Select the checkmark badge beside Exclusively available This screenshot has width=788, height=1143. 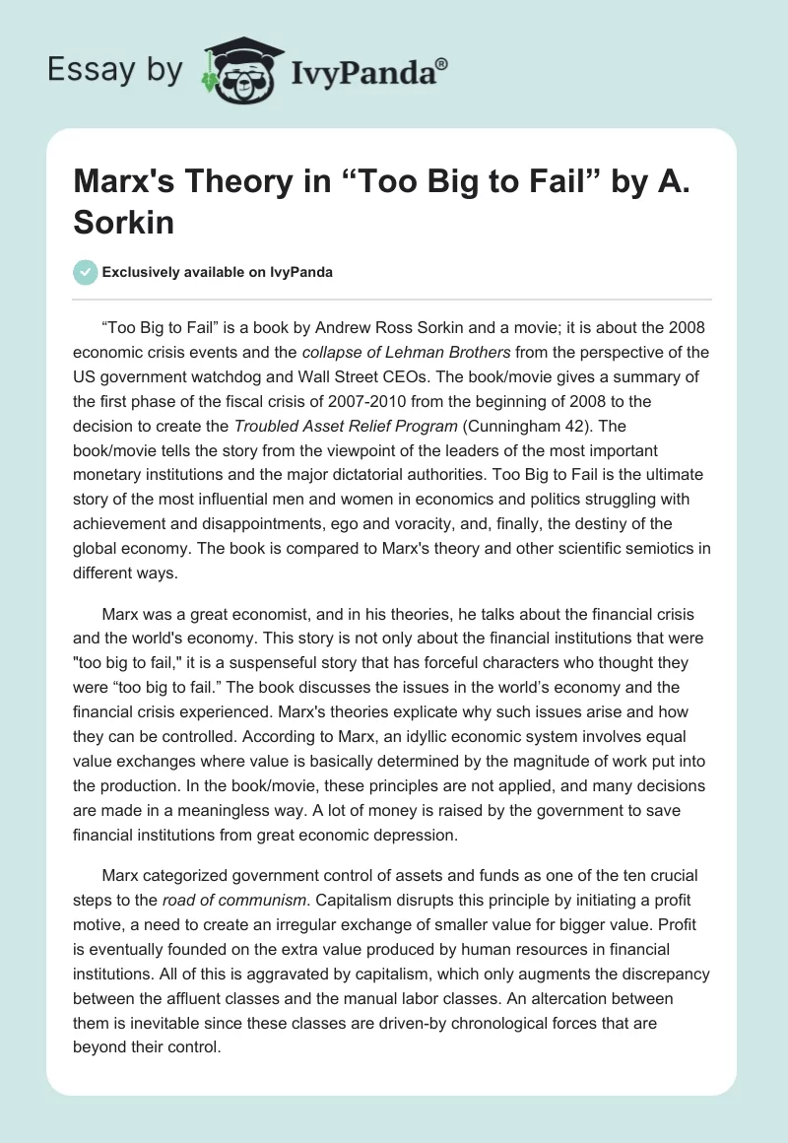pos(85,272)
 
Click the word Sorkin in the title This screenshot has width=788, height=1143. pos(125,222)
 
